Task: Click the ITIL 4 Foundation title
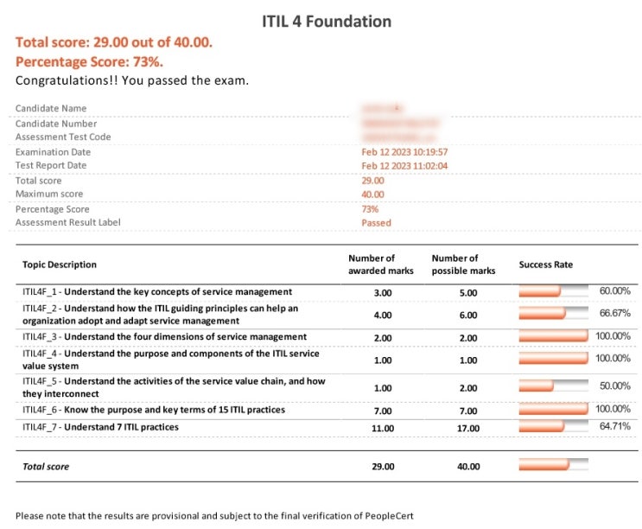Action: (x=327, y=21)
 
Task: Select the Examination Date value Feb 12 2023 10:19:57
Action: (x=404, y=152)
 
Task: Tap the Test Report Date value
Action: (x=404, y=166)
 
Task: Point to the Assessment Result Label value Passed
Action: (x=376, y=223)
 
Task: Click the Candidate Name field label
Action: (x=51, y=109)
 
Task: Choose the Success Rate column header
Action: (x=545, y=264)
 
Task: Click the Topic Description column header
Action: (x=60, y=264)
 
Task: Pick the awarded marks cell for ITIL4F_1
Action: (x=383, y=292)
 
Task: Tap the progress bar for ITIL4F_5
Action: (x=553, y=386)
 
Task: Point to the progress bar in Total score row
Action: (x=553, y=466)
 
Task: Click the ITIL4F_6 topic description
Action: (x=154, y=410)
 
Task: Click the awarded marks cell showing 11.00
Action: (x=383, y=427)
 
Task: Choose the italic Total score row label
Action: (x=46, y=467)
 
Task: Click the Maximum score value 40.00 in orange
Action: (x=373, y=194)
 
